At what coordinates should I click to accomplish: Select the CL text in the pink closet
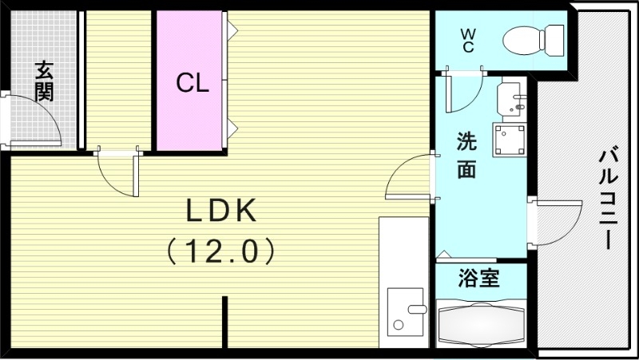pos(192,83)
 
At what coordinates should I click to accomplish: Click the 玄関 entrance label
pos(44,81)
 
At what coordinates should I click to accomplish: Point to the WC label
pos(468,41)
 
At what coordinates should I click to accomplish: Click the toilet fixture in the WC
pos(536,38)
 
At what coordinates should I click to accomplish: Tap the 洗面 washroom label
pos(467,156)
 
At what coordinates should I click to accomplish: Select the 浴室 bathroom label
pos(478,279)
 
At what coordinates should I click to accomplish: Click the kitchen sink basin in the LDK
pos(407,311)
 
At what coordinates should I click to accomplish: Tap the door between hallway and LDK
pos(116,172)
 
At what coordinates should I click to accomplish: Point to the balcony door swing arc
pos(555,224)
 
